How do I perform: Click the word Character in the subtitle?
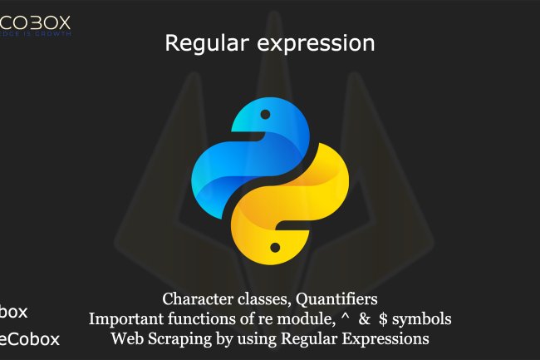(x=198, y=298)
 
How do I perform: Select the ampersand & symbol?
(x=362, y=318)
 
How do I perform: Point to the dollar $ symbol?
(x=383, y=318)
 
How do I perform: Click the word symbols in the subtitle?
(x=423, y=318)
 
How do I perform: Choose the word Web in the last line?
(x=127, y=338)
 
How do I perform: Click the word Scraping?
(x=177, y=339)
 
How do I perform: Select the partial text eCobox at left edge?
(x=30, y=339)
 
